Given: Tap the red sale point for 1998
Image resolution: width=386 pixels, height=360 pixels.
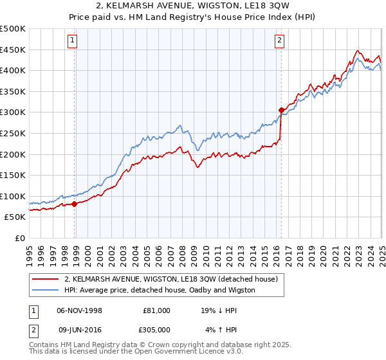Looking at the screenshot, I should [75, 204].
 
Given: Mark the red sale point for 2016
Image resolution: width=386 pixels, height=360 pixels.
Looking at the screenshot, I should [281, 110].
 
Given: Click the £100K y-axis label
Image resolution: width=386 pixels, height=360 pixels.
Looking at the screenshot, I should [14, 196].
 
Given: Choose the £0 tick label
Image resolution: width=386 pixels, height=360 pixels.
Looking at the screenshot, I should [21, 238].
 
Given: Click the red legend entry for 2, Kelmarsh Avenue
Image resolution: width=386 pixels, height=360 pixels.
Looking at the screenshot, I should [170, 279].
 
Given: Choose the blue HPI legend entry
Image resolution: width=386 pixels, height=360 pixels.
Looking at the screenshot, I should [160, 290].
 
